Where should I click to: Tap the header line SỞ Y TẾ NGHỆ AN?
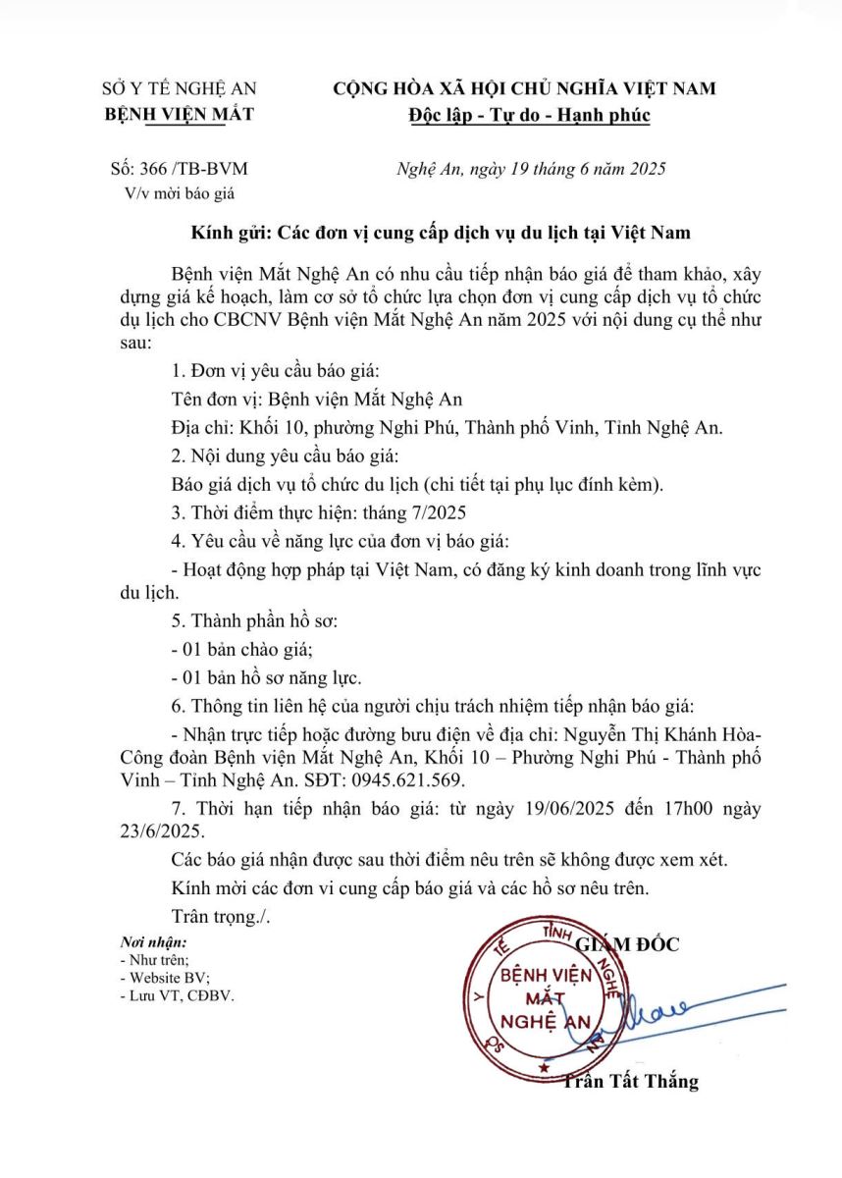(x=179, y=88)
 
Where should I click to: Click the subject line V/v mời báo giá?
(x=180, y=192)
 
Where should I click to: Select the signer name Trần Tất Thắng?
(x=630, y=1082)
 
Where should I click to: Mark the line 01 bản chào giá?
(x=241, y=649)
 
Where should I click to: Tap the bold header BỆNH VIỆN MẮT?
(x=179, y=114)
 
